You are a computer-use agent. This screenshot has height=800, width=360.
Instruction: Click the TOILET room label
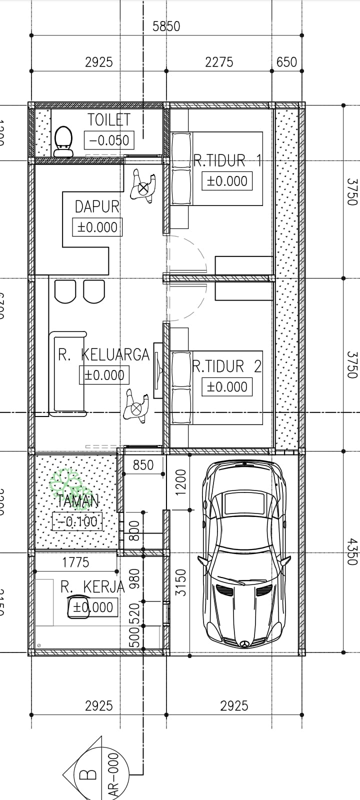click(109, 120)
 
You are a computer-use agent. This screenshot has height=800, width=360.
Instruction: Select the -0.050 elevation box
click(109, 140)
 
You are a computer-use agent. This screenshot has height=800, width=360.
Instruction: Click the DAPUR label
click(97, 206)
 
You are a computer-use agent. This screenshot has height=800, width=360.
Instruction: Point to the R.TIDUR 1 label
click(227, 160)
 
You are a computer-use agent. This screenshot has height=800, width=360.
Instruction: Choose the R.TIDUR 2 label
click(227, 366)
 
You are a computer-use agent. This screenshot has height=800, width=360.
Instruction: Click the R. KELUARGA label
click(104, 354)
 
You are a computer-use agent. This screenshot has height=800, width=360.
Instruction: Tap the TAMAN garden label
click(78, 500)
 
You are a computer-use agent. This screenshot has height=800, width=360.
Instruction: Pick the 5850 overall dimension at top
click(166, 26)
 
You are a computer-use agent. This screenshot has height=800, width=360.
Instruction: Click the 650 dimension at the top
click(286, 62)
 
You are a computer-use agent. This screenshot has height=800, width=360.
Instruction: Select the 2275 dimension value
click(219, 62)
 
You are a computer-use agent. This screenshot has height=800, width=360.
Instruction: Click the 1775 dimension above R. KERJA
click(75, 562)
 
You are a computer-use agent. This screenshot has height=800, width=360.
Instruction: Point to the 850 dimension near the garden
click(143, 465)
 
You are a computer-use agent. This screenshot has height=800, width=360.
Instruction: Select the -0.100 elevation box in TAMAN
click(77, 522)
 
